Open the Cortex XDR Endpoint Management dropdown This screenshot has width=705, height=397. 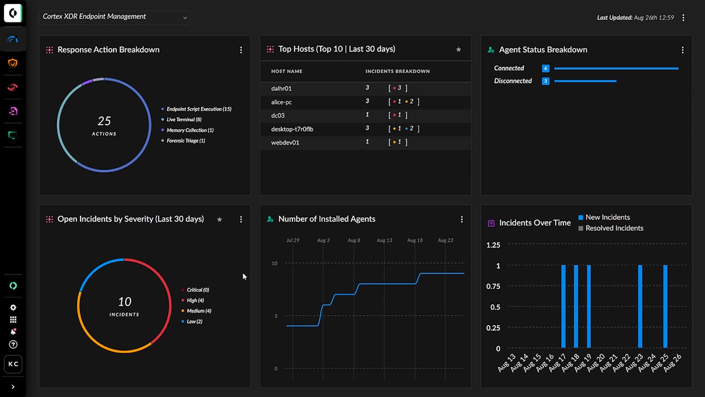tap(115, 17)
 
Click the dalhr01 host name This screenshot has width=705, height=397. tap(281, 89)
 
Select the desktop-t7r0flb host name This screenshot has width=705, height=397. tap(292, 129)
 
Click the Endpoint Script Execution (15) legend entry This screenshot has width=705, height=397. tap(199, 109)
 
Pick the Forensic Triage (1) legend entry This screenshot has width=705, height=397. tap(186, 141)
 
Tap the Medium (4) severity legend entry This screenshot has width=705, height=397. tap(199, 311)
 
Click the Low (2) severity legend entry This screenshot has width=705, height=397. tap(194, 322)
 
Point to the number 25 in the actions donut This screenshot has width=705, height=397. tap(104, 121)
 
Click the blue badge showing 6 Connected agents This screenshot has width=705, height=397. tap(545, 68)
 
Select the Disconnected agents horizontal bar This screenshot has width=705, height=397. tap(585, 81)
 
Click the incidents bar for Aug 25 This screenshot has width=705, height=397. tap(665, 306)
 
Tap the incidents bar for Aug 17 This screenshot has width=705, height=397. tap(563, 306)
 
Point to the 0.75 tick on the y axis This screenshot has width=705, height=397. tap(494, 286)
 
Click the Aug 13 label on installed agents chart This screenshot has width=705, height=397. tap(384, 241)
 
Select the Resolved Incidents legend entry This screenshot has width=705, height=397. tap(614, 228)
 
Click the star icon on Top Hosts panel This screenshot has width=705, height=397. tap(459, 50)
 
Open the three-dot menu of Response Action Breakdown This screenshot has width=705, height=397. tap(241, 50)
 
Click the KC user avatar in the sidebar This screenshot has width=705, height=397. tap(13, 364)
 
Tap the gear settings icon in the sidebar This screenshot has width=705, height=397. tap(13, 308)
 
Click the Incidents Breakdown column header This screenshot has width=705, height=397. tap(397, 72)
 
